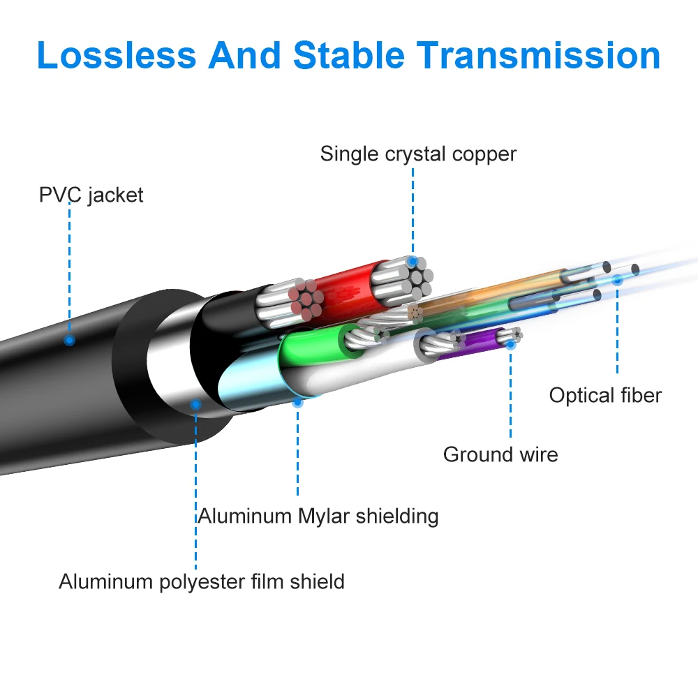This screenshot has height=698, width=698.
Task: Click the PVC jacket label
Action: pyautogui.click(x=91, y=194)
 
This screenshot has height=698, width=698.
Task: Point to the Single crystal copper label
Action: pyautogui.click(x=418, y=154)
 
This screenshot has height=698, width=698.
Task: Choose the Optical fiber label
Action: pyautogui.click(x=604, y=395)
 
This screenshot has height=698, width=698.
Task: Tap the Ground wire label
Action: pyautogui.click(x=500, y=454)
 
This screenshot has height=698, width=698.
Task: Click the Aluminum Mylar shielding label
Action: pyautogui.click(x=318, y=516)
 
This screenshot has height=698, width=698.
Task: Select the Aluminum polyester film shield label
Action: pyautogui.click(x=202, y=581)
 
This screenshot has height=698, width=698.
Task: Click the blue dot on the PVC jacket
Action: pyautogui.click(x=69, y=341)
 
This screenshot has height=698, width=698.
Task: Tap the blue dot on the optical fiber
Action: pyautogui.click(x=617, y=280)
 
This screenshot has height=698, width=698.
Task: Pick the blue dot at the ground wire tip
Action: pyautogui.click(x=511, y=343)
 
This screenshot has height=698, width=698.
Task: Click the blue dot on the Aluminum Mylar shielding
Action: pyautogui.click(x=297, y=402)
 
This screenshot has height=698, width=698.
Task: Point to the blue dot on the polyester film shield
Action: pyautogui.click(x=196, y=404)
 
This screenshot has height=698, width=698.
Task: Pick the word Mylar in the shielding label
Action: pyautogui.click(x=325, y=516)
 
